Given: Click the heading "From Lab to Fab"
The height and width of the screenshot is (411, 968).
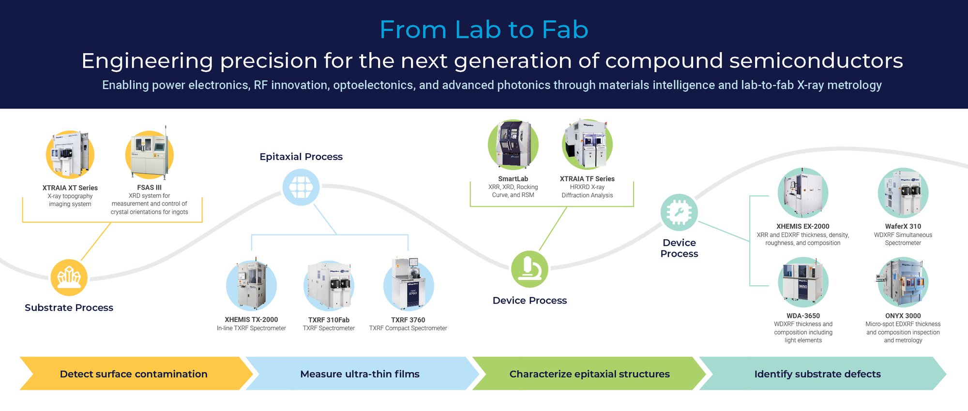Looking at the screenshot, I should coord(484,29).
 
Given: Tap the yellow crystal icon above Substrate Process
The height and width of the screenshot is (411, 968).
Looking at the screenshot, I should coord(69,278).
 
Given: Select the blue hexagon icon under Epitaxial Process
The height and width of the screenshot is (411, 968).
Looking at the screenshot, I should coord(301,187).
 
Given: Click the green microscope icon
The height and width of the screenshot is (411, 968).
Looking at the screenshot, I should coord(529,269).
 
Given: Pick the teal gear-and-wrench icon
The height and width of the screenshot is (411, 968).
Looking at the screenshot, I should coord(679,213).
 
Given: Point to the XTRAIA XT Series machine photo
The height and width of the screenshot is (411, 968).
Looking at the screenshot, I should coord(70,155).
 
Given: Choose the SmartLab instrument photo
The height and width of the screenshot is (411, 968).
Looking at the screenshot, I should coord(513,145).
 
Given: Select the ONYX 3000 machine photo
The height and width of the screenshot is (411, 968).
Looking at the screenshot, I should coord(903,282).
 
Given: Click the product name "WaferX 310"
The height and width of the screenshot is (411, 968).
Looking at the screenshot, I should coord(903,226).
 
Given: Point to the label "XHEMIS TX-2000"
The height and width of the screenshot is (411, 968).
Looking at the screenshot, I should coord(251,320).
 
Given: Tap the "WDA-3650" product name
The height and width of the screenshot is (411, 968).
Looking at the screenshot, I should coord(803,316).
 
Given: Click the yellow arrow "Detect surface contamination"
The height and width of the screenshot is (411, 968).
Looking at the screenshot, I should coord(134,374).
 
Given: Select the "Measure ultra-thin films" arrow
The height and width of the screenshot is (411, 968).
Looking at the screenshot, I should coord(360,374).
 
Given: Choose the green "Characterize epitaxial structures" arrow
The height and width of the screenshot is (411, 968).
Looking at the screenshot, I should coord(589,374).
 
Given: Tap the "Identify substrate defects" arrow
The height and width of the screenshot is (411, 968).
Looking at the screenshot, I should coord(817,374).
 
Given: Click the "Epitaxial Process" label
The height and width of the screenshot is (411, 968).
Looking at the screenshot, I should coord(301,157).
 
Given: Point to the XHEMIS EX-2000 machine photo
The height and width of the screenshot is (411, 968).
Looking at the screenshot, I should coord(802,193).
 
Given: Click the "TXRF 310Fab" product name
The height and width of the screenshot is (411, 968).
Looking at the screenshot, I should coord(329,320).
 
